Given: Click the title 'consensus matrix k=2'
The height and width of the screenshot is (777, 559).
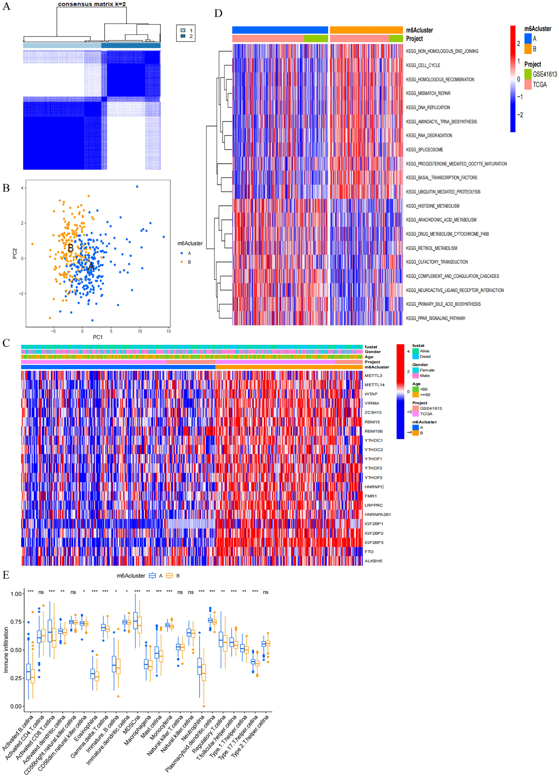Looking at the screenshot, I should coord(92,4).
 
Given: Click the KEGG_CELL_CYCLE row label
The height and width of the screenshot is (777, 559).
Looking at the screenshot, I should coord(423,65).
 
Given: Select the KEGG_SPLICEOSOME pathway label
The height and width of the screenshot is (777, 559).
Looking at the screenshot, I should coord(424,150).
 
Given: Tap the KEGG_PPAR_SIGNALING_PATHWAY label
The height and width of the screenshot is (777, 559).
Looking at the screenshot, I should coord(435,318).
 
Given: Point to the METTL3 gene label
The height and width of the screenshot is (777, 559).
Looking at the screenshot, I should coord(373,375).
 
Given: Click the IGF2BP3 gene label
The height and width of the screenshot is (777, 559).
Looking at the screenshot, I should coord(374,542).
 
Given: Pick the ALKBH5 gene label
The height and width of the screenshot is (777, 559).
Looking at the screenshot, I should coord(373,561).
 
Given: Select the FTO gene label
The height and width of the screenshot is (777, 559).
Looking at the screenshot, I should coord(369,552).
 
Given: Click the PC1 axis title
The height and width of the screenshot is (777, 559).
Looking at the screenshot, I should coord(98,337).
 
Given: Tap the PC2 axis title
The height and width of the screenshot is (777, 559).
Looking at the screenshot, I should coord(15,253).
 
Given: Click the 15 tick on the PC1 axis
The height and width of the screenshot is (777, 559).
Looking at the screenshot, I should coord(169,331).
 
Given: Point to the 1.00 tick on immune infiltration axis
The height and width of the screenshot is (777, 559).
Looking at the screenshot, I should coord(16,594).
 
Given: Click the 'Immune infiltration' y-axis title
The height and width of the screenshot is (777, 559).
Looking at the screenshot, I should coord(6,650).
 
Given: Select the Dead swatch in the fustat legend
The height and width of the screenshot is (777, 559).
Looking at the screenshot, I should coord(415,356).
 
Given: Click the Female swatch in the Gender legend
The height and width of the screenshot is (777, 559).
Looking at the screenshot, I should coord(415,370).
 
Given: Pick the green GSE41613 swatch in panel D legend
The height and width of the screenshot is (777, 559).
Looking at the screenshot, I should coord(528,74).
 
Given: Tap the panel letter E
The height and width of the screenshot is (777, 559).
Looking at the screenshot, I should coord(6,575).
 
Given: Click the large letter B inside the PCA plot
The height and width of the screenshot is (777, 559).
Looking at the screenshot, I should coord(71,248).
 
